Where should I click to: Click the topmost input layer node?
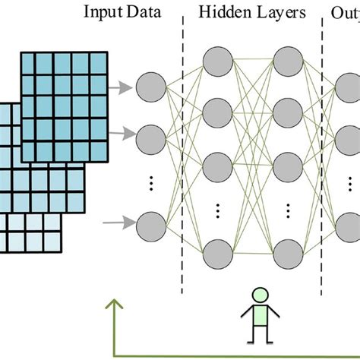(x=150, y=89)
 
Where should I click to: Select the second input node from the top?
(x=150, y=138)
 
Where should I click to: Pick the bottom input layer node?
(x=150, y=225)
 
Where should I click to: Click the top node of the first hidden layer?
(x=218, y=59)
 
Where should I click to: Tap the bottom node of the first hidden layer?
(x=218, y=252)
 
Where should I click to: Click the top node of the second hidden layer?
(x=289, y=59)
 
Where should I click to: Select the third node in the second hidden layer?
(x=289, y=163)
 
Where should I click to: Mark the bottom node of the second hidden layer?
(x=289, y=252)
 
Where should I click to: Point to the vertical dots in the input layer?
(x=150, y=182)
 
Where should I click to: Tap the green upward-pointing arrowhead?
(x=114, y=306)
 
